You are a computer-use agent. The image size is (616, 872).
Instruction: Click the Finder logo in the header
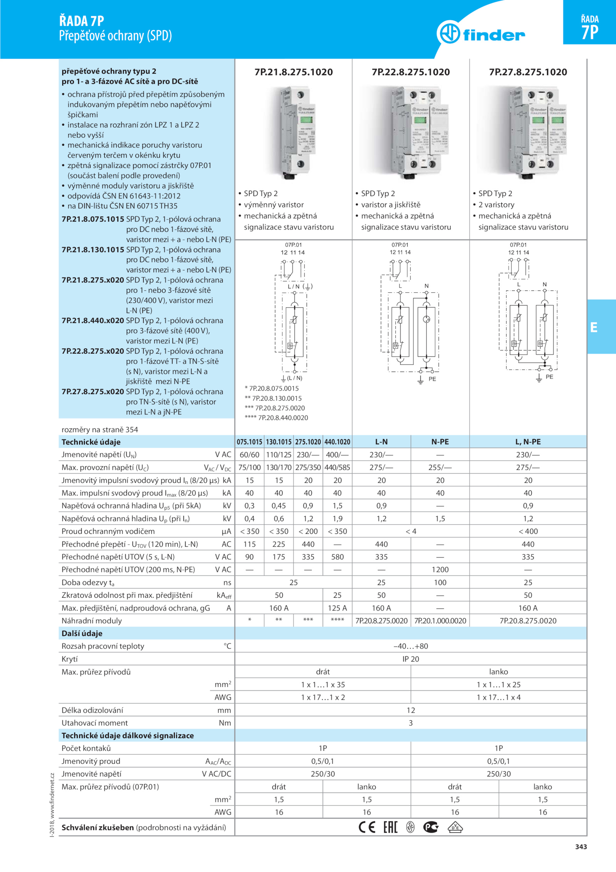pos(481,34)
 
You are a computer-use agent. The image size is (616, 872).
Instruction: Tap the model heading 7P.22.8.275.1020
pos(411,72)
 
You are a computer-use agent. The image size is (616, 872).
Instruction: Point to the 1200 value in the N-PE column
pos(440,570)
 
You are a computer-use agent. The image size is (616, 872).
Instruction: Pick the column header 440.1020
pos(337,442)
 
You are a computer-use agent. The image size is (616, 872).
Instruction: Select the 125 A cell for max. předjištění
pos(337,608)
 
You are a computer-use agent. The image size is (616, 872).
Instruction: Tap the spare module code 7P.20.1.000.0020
pos(440,620)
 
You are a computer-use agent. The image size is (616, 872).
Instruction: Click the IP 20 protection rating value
pos(411,659)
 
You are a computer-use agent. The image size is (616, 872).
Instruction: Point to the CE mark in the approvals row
pos(367,827)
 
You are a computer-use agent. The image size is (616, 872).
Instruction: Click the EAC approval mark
pos(390,827)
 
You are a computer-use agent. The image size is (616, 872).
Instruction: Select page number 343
pos(581,847)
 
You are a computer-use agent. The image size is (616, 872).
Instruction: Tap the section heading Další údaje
pos(82,633)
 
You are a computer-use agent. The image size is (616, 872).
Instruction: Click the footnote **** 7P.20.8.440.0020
pos(276,418)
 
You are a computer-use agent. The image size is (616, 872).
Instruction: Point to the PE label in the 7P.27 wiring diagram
pos(549,377)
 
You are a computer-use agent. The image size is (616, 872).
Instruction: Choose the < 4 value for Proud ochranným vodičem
pos(411,532)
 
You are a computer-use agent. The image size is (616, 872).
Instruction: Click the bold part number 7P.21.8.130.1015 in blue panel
pos(93,250)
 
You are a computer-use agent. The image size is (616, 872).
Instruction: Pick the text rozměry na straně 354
pos(100,429)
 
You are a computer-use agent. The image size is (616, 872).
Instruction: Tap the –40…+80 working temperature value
pos(411,646)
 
